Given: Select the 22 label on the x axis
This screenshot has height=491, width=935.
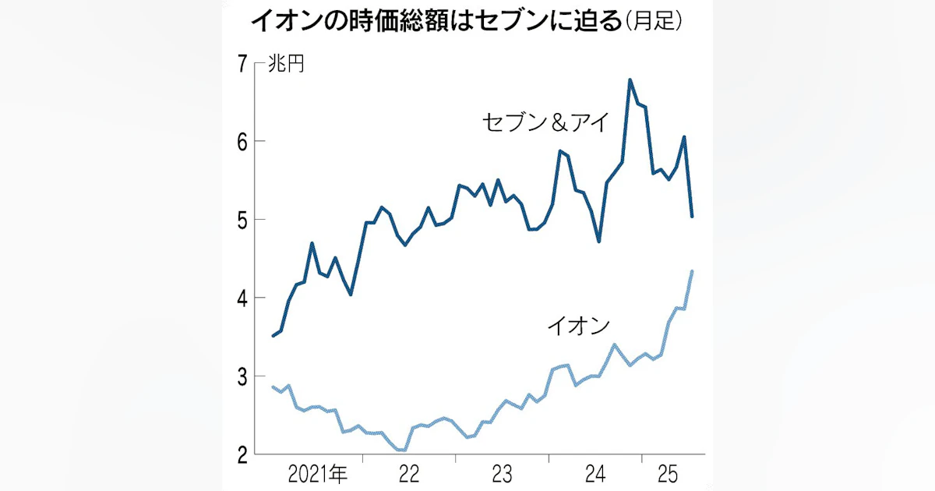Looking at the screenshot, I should coord(409,472).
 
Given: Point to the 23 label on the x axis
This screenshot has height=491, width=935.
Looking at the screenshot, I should coord(502,472).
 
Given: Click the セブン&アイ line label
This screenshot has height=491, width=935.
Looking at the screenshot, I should coord(543,123).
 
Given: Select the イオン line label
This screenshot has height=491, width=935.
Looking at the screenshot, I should coord(577,327).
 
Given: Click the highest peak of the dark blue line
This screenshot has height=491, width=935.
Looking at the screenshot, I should coord(630,79).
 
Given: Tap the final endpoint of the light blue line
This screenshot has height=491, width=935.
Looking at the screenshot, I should coord(692,271).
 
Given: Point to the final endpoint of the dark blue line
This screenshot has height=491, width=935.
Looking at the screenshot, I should coord(692,217).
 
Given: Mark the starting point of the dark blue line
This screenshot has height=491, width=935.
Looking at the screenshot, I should coord(272,336).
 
